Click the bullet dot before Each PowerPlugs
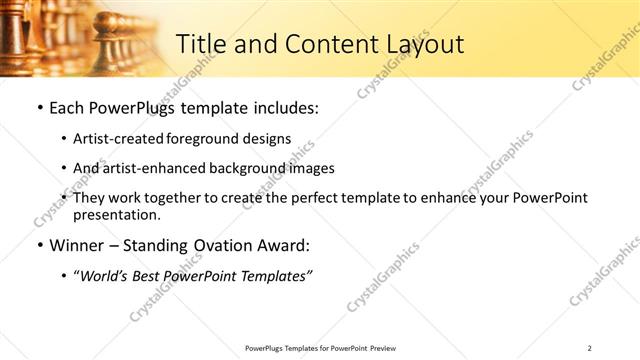click(39, 107)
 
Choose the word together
click(173, 199)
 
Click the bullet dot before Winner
click(39, 246)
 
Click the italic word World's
click(105, 277)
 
